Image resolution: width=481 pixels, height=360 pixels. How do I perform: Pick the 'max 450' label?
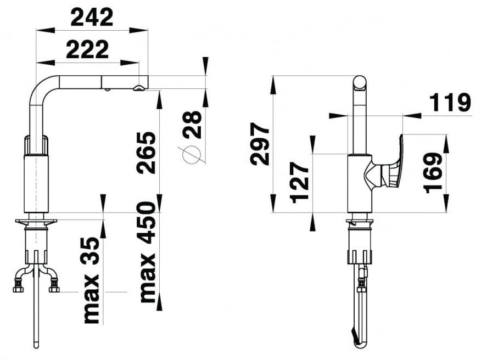coord(148,252)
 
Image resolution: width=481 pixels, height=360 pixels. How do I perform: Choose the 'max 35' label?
coord(92,280)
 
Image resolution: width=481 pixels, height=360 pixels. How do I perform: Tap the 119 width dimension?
coord(450,103)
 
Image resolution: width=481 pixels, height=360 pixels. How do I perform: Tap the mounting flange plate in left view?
coord(36,222)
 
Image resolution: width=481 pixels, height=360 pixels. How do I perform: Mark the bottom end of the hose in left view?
coord(36,345)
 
